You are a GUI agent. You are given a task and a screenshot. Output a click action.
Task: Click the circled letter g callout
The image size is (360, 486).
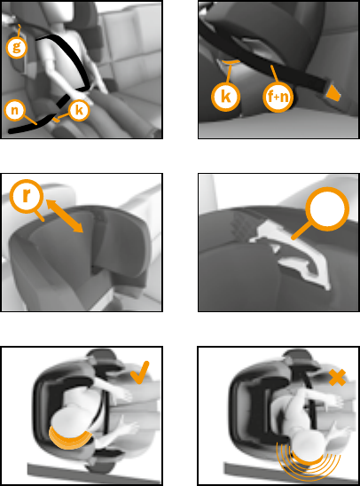pos(17,47)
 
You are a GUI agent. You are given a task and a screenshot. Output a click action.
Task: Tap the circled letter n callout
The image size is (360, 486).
pos(14,110)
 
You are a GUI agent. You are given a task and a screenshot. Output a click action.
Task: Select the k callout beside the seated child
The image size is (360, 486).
pos(79,110)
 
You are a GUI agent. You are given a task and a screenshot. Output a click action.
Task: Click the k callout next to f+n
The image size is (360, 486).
pos(225,97)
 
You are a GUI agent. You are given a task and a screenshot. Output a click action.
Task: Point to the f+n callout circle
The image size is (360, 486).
pos(278,97)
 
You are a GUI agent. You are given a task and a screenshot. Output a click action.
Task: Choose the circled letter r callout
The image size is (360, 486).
pos(27,196)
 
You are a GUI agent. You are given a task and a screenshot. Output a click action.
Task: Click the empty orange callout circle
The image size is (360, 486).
pos(327,209)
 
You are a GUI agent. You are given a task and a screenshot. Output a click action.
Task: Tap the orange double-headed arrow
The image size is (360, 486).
pos(65,216)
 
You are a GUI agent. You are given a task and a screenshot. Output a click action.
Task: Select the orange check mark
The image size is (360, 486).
pos(140,372)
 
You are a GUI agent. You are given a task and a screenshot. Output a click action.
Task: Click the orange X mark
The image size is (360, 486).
pos(337,377)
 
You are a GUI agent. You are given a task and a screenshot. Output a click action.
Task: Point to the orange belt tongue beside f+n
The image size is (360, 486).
pos(333,93)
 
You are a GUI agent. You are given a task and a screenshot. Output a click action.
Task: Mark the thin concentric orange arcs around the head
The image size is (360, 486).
pos(309,468)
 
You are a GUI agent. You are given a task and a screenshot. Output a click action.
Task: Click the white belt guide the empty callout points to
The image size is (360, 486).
pos(291,255)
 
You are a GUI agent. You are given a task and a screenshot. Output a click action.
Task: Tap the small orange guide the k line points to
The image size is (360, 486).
pos(55,119)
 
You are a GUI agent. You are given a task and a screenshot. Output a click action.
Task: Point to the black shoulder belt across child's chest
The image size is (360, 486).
pos(70,58)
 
